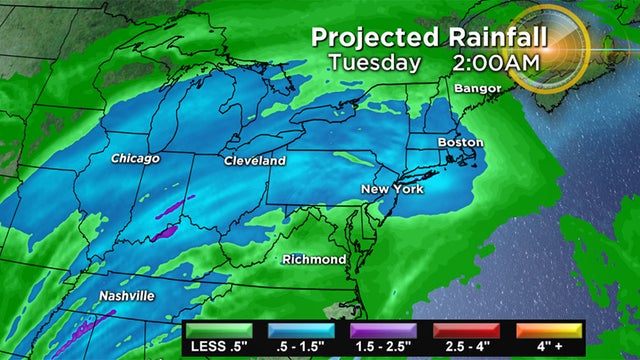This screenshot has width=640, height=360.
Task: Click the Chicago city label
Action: [x=136, y=159]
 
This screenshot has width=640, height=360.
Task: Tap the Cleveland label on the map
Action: [x=254, y=161]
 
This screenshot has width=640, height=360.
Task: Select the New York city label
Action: [x=391, y=190]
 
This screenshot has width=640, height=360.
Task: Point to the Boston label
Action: [x=461, y=143]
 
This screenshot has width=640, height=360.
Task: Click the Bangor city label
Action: [x=473, y=89]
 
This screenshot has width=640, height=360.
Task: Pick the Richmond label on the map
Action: [x=314, y=260]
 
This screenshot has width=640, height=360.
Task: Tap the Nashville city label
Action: [x=126, y=297]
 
